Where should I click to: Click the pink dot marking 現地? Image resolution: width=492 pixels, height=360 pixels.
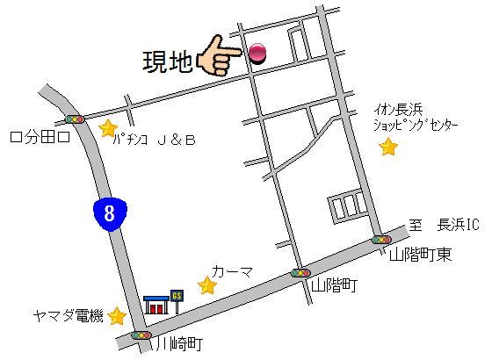pos(257,54)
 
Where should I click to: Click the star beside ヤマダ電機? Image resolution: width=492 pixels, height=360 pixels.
pos(117,315)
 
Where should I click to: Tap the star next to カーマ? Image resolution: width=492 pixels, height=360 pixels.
pos(206,285)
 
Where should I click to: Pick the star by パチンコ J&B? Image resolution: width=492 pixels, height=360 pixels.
pos(108,128)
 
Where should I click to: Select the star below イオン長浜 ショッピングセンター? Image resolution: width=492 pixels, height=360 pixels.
pos(387,147)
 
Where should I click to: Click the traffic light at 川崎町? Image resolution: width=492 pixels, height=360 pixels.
pos(140,335)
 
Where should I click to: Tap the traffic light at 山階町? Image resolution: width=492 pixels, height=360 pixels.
pos(300,273)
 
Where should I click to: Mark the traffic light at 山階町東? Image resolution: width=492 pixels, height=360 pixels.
pos(380,239)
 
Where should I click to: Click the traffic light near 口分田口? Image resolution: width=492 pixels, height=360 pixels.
pos(76,118)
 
